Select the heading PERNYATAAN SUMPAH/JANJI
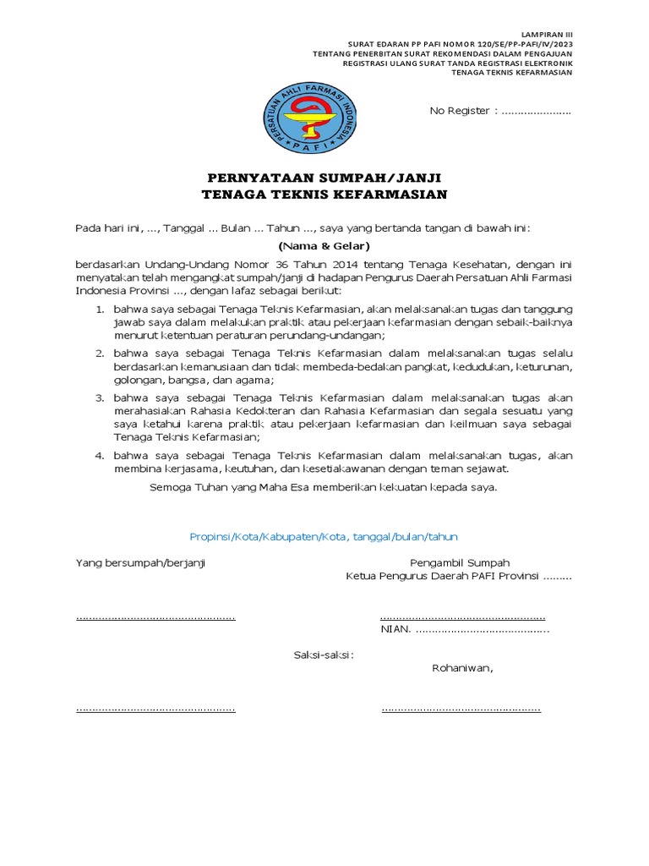pyautogui.click(x=324, y=178)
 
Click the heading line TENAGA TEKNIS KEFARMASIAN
pyautogui.click(x=324, y=195)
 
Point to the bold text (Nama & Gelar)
pyautogui.click(x=324, y=246)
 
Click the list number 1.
pyautogui.click(x=99, y=310)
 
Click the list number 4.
pyautogui.click(x=99, y=455)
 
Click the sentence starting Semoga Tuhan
pyautogui.click(x=324, y=488)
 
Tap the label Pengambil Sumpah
pyautogui.click(x=460, y=562)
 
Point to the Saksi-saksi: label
pyautogui.click(x=324, y=654)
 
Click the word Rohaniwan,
pyautogui.click(x=462, y=667)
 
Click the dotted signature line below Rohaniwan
pyautogui.click(x=461, y=709)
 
